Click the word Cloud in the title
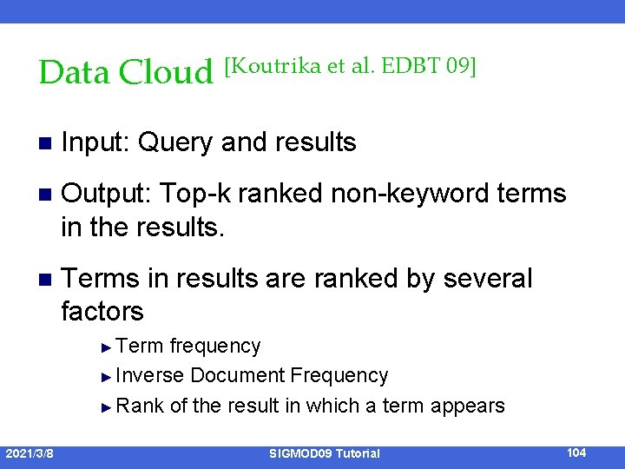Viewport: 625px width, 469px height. click(x=165, y=72)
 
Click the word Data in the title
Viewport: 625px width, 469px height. click(x=75, y=72)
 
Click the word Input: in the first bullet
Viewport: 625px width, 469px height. click(x=95, y=142)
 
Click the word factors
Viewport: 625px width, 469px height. click(x=102, y=310)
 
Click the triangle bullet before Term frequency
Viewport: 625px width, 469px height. click(x=107, y=347)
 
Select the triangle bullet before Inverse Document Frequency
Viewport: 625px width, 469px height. click(x=107, y=377)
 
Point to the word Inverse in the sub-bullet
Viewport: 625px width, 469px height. click(x=149, y=376)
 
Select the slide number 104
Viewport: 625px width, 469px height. click(x=576, y=452)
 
